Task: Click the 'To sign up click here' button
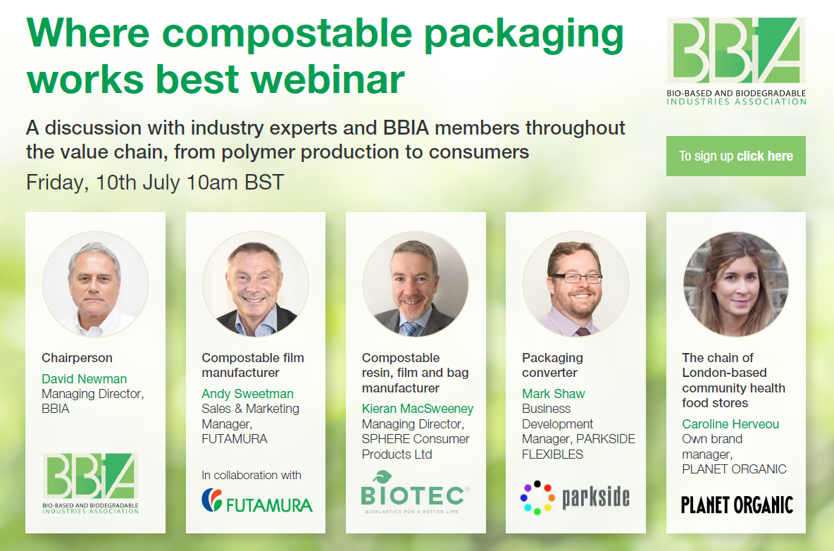tap(735, 156)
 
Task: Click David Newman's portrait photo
tap(96, 284)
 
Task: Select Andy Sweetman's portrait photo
tap(255, 284)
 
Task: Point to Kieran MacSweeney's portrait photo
tap(416, 284)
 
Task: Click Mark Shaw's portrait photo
tap(575, 284)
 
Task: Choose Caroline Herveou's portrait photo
tap(735, 284)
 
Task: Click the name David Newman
tap(84, 378)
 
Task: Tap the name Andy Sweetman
tap(247, 394)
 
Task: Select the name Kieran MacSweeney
tap(418, 409)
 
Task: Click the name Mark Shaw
tap(553, 394)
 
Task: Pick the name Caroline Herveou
tap(730, 424)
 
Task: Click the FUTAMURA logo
tap(257, 501)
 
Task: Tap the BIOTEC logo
tap(415, 493)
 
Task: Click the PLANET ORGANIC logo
tap(737, 504)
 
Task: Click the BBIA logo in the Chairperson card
tap(90, 483)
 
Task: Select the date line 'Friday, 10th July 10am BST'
tap(155, 182)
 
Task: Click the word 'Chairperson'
tap(77, 358)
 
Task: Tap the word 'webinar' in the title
tap(328, 79)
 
